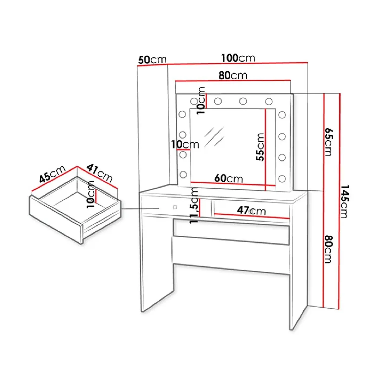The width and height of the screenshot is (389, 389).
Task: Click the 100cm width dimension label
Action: tap(238, 58)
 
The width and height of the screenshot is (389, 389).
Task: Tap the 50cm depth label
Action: tap(153, 60)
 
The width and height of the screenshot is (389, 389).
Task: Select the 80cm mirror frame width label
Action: tap(233, 75)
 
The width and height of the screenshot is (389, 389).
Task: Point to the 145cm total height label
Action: tap(344, 201)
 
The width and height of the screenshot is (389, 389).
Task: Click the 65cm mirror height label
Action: tap(328, 142)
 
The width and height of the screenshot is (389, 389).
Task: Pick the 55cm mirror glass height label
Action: tap(260, 147)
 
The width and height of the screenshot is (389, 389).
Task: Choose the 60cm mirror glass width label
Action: tap(229, 178)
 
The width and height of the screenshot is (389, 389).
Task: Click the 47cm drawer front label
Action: tap(252, 210)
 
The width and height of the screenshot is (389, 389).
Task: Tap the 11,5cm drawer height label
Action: tap(194, 205)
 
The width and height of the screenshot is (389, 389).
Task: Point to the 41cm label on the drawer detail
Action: tap(99, 173)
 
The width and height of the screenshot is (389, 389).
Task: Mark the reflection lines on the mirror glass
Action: tap(214, 136)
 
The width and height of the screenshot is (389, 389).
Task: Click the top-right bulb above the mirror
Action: tap(269, 102)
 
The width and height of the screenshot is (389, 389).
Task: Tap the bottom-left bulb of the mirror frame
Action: tap(183, 174)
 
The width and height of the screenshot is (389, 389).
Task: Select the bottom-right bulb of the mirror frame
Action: tap(282, 179)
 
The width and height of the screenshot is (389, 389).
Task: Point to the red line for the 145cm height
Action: tap(339, 201)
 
